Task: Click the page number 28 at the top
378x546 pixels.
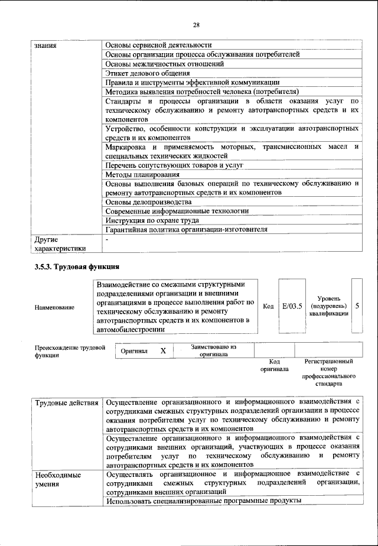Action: pyautogui.click(x=197, y=24)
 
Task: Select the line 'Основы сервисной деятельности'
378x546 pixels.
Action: pyautogui.click(x=158, y=45)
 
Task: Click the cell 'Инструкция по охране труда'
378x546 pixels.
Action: pyautogui.click(x=152, y=220)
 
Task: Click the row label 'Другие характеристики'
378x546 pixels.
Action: pyautogui.click(x=60, y=244)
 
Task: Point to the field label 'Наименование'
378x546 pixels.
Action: pyautogui.click(x=55, y=307)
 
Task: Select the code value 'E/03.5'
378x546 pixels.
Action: pyautogui.click(x=292, y=306)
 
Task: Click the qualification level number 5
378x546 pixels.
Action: pyautogui.click(x=357, y=306)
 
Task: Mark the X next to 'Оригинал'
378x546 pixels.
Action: pyautogui.click(x=164, y=351)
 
